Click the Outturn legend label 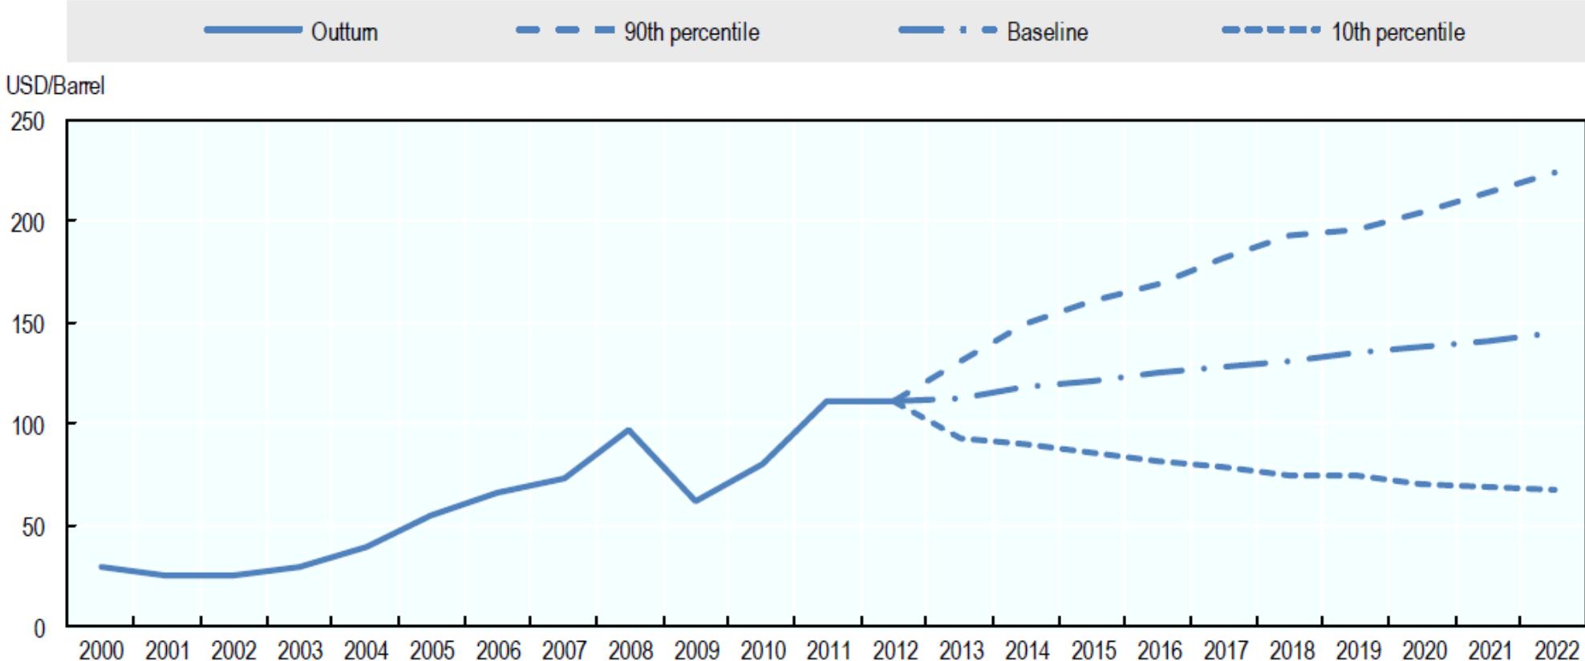pos(344,32)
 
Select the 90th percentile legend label pos(691,32)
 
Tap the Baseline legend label pos(1047,32)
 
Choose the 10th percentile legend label pos(1398,32)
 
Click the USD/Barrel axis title pos(55,86)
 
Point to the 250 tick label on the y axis pos(27,122)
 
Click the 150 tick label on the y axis pos(27,323)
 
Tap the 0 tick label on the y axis pos(39,628)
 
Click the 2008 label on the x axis pos(630,650)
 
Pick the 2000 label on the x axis pos(101,650)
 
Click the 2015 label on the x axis pos(1093,650)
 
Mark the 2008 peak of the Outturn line pos(630,430)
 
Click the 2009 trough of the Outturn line pos(695,501)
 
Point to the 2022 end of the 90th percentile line pos(1555,172)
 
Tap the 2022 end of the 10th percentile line pos(1555,489)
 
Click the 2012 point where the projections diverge pos(894,401)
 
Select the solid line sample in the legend pos(252,30)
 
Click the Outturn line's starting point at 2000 pos(101,566)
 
